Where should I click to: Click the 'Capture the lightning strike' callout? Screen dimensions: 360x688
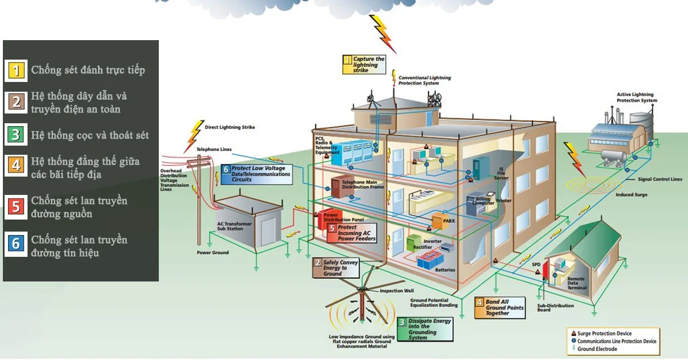point(364,64)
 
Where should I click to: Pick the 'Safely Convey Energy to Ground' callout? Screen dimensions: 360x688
point(337,268)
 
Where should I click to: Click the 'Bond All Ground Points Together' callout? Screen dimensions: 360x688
point(499,307)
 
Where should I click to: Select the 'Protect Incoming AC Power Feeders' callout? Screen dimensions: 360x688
point(352,233)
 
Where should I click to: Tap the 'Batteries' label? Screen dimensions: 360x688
point(445,269)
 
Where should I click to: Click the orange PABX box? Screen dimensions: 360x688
point(437,219)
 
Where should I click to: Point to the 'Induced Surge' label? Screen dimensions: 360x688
point(631,195)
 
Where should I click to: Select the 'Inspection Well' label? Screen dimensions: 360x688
point(397,291)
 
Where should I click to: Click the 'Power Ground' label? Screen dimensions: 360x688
point(213,252)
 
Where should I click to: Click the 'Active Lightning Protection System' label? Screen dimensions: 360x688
point(637,97)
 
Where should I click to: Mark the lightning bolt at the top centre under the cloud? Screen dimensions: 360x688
point(382,33)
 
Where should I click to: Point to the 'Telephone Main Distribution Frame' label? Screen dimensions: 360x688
point(362,185)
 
